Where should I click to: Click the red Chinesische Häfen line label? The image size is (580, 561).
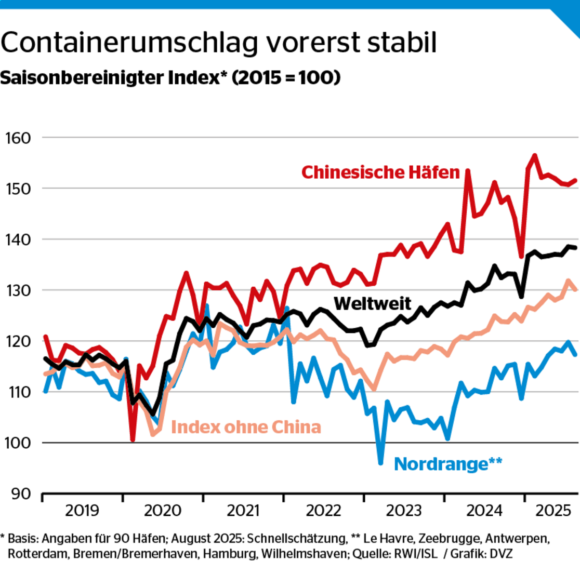[x=381, y=172]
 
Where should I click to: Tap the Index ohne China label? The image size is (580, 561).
[x=246, y=427]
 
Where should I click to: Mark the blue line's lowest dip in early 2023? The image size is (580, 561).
[x=380, y=463]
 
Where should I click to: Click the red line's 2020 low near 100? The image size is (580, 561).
[x=133, y=440]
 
